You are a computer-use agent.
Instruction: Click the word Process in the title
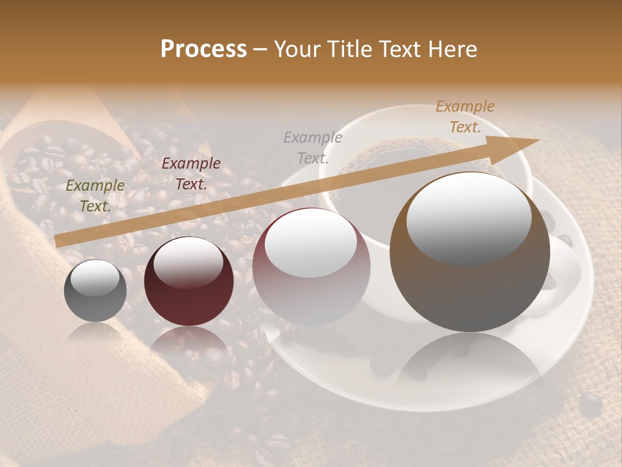point(203,49)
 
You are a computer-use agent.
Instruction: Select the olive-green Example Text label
point(95,196)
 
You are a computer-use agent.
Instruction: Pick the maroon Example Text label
point(191,174)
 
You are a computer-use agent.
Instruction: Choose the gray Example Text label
point(313,147)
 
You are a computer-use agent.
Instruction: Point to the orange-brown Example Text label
point(465,117)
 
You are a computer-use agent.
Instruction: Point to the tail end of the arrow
point(57,241)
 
